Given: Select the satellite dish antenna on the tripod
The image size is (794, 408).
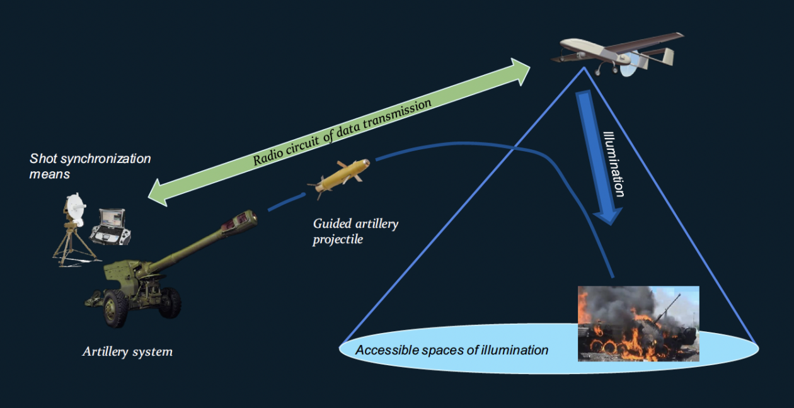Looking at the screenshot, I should coord(75,209).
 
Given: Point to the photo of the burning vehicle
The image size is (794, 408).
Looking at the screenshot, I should coord(638,324).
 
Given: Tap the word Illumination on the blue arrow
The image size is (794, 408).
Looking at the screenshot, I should coord(614,164).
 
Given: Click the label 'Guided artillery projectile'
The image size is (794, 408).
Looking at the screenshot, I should coord(355,231).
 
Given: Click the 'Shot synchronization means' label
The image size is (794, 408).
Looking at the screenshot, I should coord(90,166).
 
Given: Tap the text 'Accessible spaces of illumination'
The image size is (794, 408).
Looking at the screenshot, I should coord(451,350).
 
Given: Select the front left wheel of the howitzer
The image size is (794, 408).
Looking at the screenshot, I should coord(117,308).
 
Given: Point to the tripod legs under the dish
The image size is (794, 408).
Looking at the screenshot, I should coord(72,249).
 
